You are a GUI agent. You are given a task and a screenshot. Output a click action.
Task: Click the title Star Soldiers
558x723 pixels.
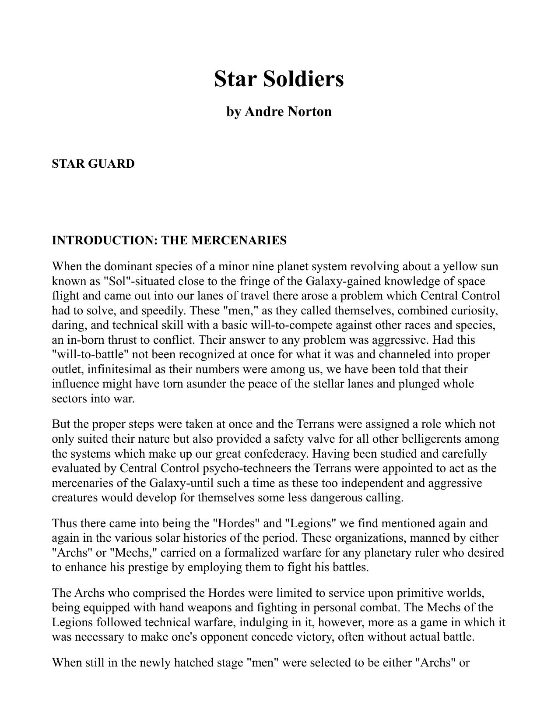tap(279, 79)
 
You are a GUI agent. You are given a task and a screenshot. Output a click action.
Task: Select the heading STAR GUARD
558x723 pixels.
tap(93, 164)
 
